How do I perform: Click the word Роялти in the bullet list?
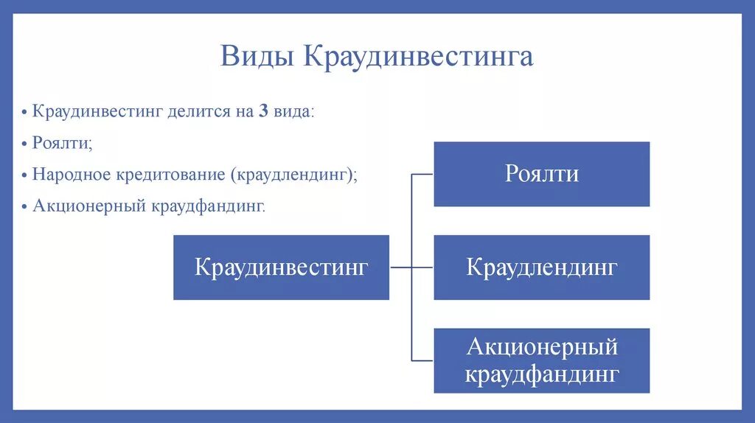[61, 143]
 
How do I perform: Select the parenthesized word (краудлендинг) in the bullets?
[293, 175]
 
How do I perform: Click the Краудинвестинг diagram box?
[281, 268]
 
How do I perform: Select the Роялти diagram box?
[541, 174]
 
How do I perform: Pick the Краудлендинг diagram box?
[541, 268]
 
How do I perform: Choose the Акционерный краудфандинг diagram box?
[541, 360]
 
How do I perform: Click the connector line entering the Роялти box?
[422, 175]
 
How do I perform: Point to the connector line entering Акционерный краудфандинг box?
[422, 360]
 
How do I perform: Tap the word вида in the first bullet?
[293, 112]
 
